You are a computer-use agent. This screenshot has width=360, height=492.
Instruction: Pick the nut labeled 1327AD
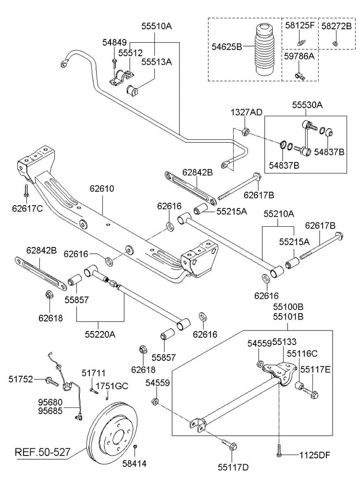point(245,131)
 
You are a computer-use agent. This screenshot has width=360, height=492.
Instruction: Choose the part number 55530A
point(308,104)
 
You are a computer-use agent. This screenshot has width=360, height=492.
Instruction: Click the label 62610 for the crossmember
point(102,189)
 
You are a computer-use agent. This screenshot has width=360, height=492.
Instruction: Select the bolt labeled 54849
point(113,62)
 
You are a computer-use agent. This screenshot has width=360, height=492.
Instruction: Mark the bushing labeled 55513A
point(132,89)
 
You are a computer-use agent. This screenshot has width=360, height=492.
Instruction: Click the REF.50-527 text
point(42,452)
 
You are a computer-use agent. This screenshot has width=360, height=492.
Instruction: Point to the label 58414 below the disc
point(135,464)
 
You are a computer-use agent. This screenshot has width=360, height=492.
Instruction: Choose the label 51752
point(21,379)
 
